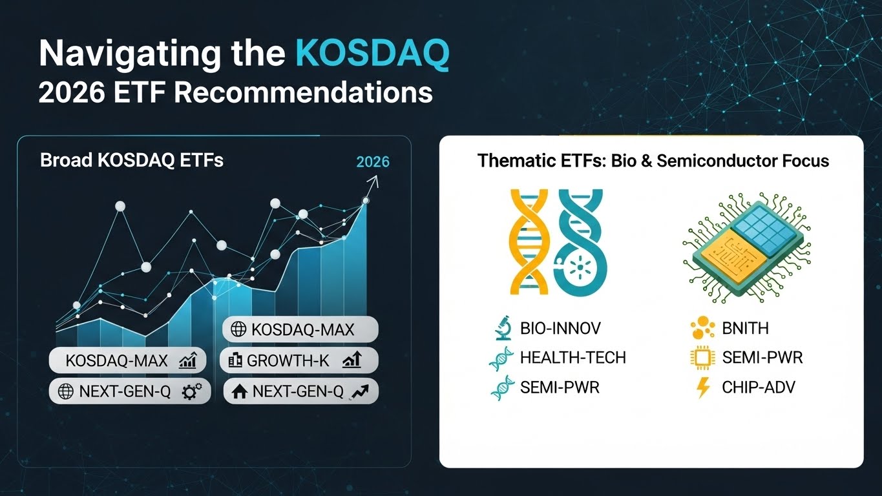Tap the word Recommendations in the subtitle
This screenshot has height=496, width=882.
pyautogui.click(x=303, y=93)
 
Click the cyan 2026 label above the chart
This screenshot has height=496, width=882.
pyautogui.click(x=372, y=162)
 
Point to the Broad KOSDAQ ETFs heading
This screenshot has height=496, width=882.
pyautogui.click(x=132, y=160)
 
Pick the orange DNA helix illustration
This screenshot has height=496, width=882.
pyautogui.click(x=529, y=242)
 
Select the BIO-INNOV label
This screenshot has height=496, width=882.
pyautogui.click(x=560, y=328)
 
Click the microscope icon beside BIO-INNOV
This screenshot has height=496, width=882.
pyautogui.click(x=503, y=327)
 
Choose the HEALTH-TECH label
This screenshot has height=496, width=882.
pyautogui.click(x=573, y=357)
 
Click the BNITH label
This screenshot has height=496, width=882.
pyautogui.click(x=745, y=328)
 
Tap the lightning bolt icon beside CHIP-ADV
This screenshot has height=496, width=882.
pyautogui.click(x=703, y=387)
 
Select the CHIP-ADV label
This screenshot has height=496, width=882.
pyautogui.click(x=759, y=387)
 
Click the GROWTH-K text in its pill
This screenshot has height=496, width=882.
pyautogui.click(x=288, y=360)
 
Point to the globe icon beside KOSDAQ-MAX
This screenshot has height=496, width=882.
pyautogui.click(x=238, y=329)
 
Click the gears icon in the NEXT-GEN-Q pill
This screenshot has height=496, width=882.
pyautogui.click(x=192, y=391)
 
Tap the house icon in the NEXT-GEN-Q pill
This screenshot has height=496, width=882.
pyautogui.click(x=239, y=391)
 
